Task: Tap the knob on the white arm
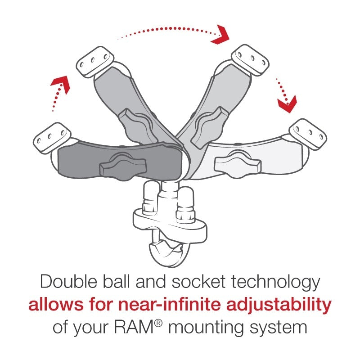coord(238,163)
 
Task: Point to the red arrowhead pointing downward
coord(287,104)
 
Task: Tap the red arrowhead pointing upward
coord(62,83)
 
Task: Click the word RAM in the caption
coord(139,327)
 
